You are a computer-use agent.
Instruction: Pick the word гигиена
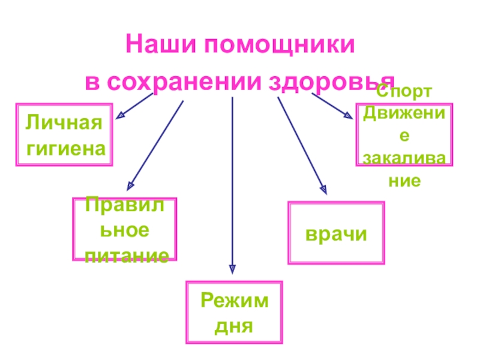pyautogui.click(x=65, y=148)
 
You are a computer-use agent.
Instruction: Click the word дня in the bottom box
pyautogui.click(x=235, y=325)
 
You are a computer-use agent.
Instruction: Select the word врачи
pyautogui.click(x=336, y=234)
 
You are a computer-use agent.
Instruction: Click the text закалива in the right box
pyautogui.click(x=406, y=158)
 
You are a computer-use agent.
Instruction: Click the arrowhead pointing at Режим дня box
pyautogui.click(x=232, y=269)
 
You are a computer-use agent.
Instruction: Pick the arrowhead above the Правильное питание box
pyautogui.click(x=131, y=185)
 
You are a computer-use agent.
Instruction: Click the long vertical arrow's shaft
pyautogui.click(x=232, y=180)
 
